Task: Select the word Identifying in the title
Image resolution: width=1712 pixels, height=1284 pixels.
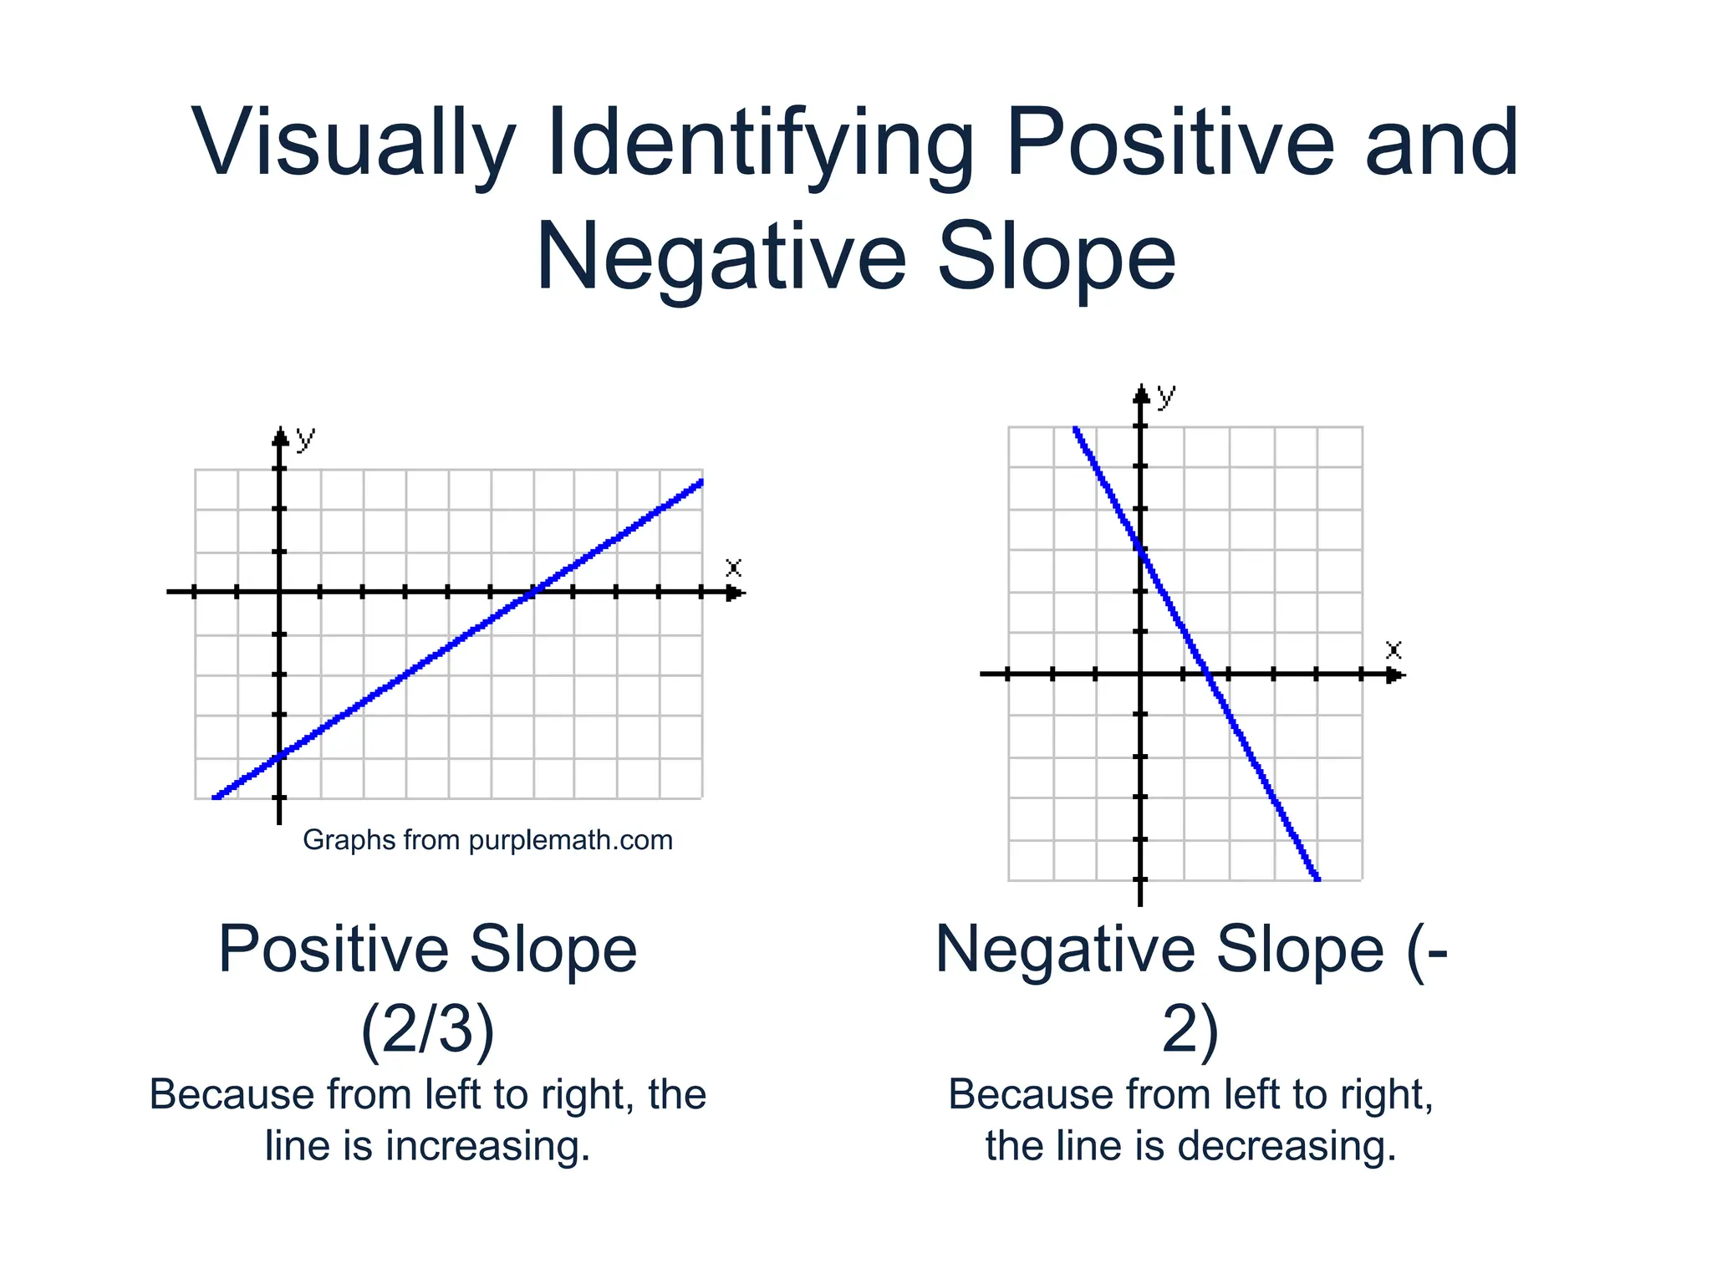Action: coord(761,144)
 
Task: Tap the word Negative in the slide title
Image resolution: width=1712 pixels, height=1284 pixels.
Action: coord(721,257)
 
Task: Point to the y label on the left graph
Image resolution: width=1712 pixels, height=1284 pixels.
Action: coord(306,438)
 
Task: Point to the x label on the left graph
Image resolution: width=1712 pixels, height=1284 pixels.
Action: coord(733,568)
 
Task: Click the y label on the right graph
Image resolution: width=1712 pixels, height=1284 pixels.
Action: coord(1166,395)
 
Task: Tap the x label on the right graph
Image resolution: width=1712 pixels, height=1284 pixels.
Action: coord(1393,650)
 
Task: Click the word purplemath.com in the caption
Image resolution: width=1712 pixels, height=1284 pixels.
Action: coord(570,840)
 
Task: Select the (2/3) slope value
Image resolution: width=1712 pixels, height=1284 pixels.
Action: coord(428,1028)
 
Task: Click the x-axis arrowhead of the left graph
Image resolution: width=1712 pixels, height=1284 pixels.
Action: coord(735,593)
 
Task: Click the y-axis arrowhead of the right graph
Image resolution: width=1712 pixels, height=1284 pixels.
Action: coord(1141,394)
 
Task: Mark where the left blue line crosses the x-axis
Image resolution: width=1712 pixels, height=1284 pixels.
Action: coord(532,593)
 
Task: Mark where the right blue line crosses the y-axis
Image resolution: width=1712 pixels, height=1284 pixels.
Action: coord(1141,549)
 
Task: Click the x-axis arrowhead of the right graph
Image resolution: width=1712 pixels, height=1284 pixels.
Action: coord(1395,674)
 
